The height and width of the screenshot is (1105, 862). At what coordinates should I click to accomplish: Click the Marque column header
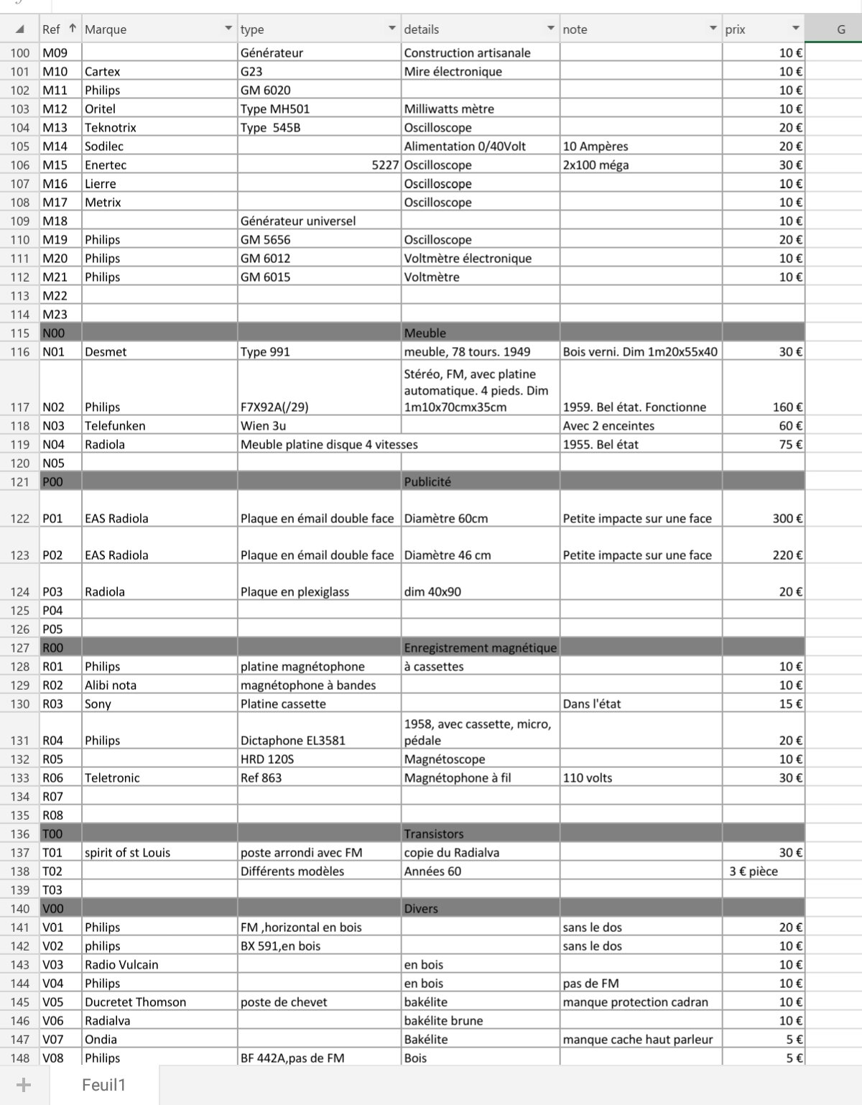click(106, 29)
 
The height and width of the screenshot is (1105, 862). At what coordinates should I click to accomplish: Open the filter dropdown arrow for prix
click(795, 29)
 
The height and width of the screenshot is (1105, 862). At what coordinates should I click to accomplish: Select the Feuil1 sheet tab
click(103, 1085)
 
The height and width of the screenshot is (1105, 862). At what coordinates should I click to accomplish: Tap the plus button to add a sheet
click(24, 1085)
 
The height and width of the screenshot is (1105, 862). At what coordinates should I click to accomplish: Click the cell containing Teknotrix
click(111, 128)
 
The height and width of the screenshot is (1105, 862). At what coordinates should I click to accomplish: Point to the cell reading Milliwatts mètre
click(449, 109)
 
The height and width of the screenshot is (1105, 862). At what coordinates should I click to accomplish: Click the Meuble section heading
click(425, 333)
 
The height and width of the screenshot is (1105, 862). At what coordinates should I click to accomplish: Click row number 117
click(20, 407)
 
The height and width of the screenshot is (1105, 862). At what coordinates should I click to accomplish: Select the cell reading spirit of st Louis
click(128, 853)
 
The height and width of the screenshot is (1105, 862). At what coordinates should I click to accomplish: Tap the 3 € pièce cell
click(754, 871)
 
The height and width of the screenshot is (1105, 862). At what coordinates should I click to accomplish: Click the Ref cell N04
click(53, 445)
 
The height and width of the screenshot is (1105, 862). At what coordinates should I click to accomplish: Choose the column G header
click(841, 29)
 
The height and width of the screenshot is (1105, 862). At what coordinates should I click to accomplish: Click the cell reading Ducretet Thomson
click(135, 1002)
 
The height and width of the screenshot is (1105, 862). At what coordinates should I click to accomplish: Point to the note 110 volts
click(588, 778)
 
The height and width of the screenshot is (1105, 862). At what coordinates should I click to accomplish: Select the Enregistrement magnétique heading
click(480, 648)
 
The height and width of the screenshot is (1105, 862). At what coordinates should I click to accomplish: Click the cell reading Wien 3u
click(263, 426)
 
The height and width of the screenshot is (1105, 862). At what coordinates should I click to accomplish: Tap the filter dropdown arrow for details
click(551, 29)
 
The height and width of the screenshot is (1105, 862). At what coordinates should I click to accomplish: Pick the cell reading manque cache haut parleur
click(638, 1040)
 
